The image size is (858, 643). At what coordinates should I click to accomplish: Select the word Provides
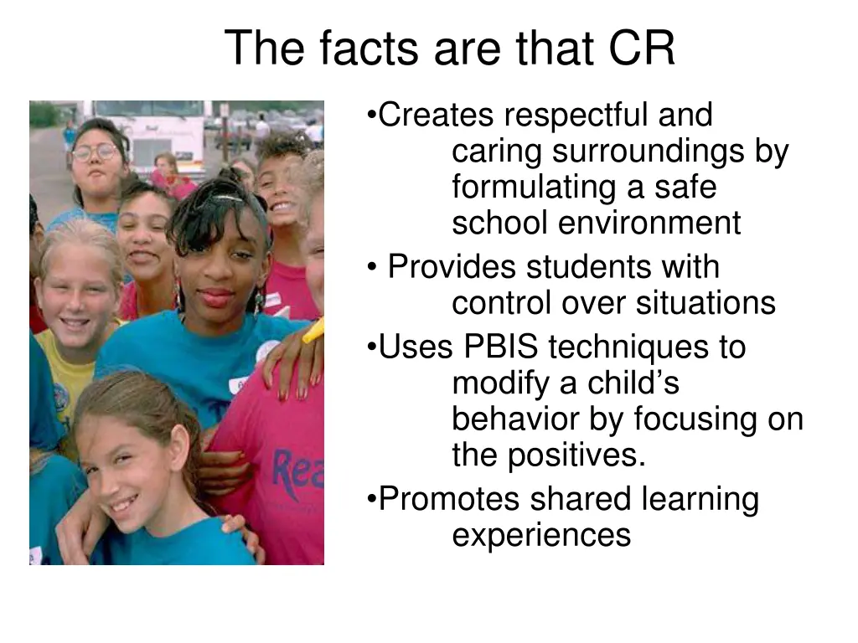tap(452, 268)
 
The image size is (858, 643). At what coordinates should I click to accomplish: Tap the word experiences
tap(541, 535)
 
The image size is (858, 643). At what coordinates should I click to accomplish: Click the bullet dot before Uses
tap(371, 347)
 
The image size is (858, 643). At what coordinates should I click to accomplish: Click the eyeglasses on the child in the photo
tap(95, 152)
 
